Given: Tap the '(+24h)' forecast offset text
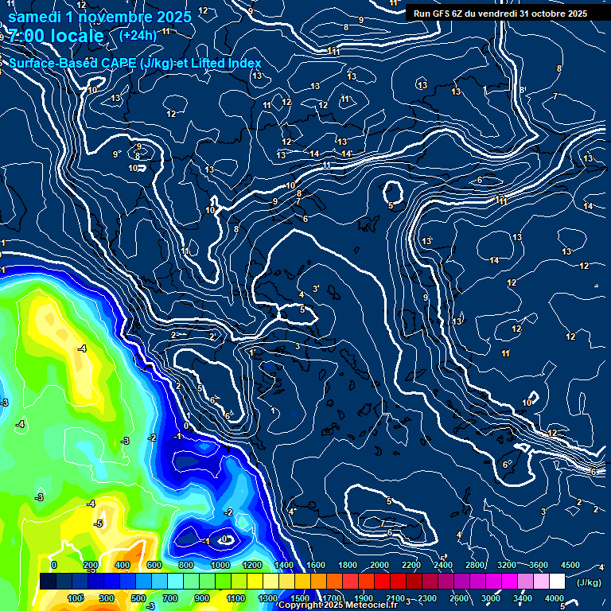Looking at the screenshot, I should pyautogui.click(x=138, y=35).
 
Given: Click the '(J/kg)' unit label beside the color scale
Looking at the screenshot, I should pyautogui.click(x=590, y=582).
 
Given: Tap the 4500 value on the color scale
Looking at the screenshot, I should pyautogui.click(x=570, y=565).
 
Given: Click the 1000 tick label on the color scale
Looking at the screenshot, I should pyautogui.click(x=220, y=565).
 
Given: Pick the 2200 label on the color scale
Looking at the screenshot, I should pyautogui.click(x=411, y=565).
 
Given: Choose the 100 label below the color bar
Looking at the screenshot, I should pyautogui.click(x=76, y=598).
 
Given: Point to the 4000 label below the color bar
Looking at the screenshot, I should pyautogui.click(x=555, y=598).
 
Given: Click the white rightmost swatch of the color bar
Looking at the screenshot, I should pyautogui.click(x=557, y=582).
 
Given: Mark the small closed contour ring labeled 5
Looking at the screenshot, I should pyautogui.click(x=392, y=193).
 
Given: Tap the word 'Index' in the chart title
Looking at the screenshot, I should pyautogui.click(x=244, y=63).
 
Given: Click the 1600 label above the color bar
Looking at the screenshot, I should pyautogui.click(x=316, y=565).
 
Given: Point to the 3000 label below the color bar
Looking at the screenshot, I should pyautogui.click(x=491, y=598).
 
